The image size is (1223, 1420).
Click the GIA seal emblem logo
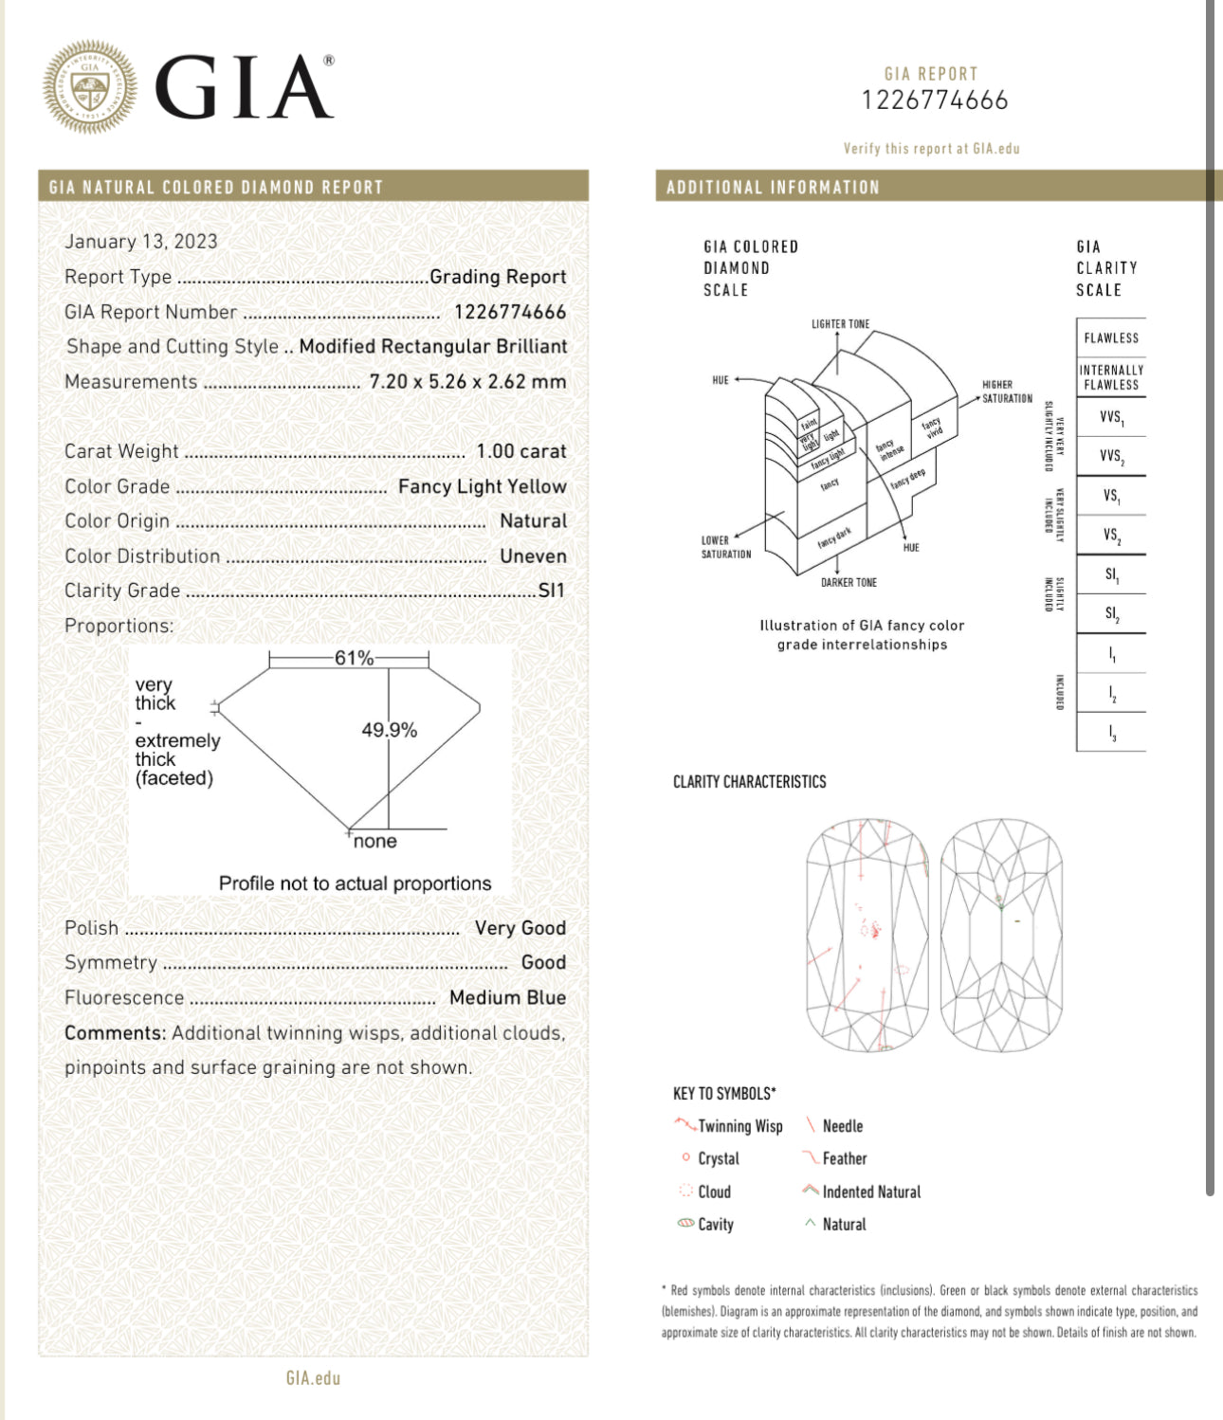90,86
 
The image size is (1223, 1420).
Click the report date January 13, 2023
141,242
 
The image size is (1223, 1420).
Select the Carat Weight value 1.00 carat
520,451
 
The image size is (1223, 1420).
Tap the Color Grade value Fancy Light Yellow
482,486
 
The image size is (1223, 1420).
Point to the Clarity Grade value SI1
551,591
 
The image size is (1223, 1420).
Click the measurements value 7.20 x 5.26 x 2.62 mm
467,382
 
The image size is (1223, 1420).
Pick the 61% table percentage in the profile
354,658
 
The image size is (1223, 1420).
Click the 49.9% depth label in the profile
389,730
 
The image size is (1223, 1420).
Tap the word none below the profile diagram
375,842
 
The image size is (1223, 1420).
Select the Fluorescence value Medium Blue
507,997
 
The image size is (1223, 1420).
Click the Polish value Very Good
520,928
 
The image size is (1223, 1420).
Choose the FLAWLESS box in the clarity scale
1111,337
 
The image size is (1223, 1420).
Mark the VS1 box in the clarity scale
1111,496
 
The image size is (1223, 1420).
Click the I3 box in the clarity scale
1111,733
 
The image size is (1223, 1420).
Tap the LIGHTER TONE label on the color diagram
840,324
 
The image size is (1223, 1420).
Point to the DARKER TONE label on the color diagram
849,583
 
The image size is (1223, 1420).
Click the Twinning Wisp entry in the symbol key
739,1126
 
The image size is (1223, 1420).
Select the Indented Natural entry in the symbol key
870,1192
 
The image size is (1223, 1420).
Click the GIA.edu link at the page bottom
313,1378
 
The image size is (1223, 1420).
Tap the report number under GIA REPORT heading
935,100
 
